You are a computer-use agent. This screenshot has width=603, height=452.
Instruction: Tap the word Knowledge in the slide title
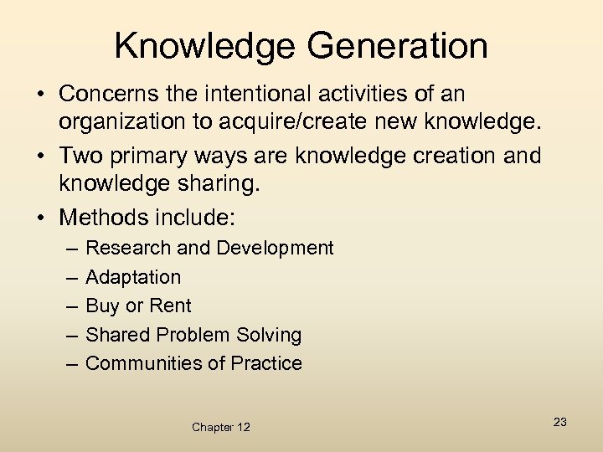click(x=197, y=45)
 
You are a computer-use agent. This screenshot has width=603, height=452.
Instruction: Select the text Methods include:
click(x=147, y=218)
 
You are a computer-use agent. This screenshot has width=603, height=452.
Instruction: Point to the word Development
click(x=275, y=249)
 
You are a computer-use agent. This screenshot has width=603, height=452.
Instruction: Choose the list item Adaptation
click(x=133, y=277)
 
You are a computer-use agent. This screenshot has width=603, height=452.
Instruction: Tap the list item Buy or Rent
click(x=138, y=306)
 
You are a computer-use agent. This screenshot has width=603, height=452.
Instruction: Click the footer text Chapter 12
click(x=220, y=427)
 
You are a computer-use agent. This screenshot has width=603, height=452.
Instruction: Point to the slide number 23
click(x=560, y=422)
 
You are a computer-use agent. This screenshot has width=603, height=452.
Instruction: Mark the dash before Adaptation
click(x=70, y=277)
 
